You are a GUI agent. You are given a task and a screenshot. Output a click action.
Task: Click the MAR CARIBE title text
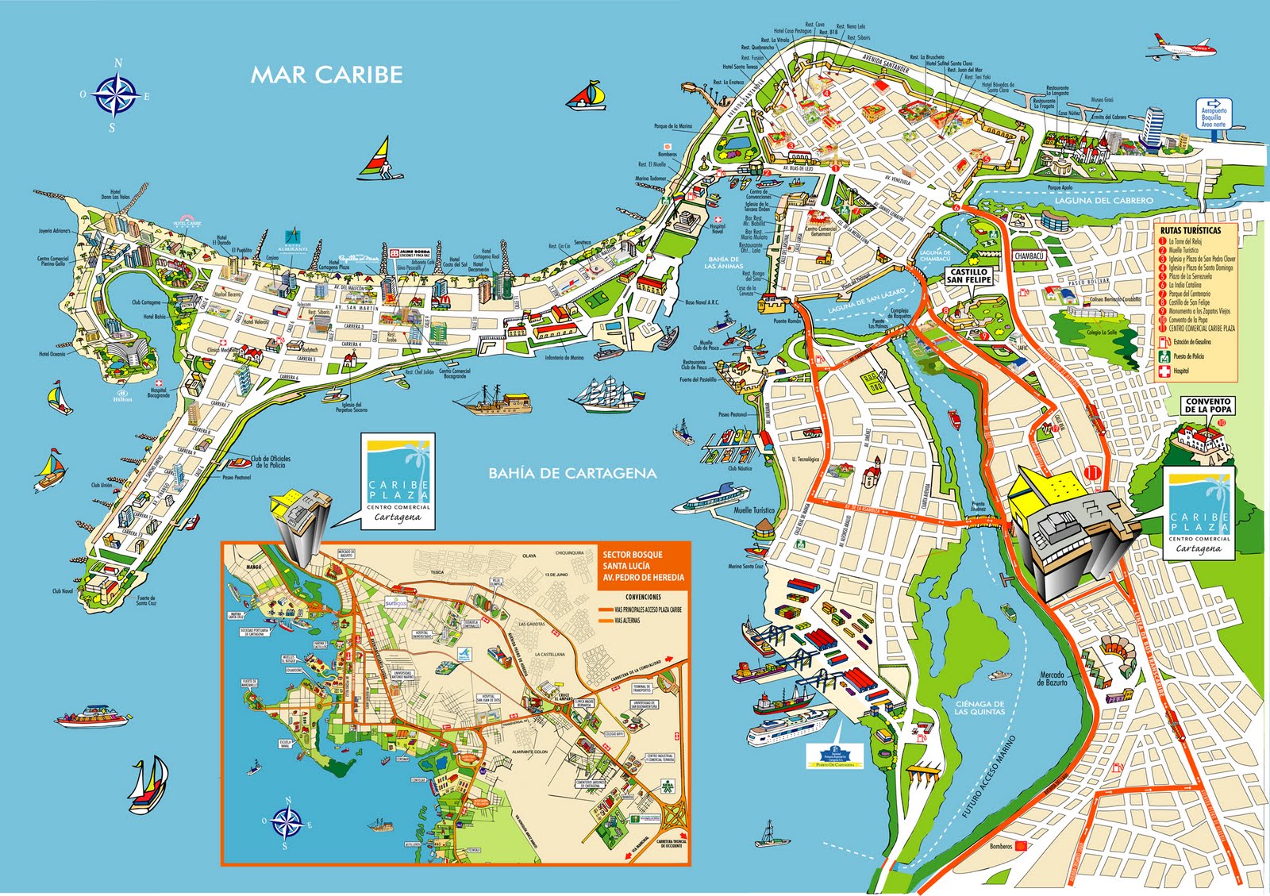pos(326,75)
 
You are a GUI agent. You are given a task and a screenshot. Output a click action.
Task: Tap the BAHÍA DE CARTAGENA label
pos(571,473)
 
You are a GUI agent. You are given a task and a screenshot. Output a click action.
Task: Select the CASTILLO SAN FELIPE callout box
pos(968,275)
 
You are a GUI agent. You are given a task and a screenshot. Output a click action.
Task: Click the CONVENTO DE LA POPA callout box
pos(1208,406)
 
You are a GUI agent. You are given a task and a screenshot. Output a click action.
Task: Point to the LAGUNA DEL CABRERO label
pos(1103,201)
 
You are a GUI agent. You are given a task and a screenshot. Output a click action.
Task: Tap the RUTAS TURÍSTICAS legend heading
pos(1191,230)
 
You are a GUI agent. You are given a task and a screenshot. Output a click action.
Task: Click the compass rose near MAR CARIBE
pos(117,94)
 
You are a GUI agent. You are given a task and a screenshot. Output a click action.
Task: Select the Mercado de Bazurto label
pos(1053,679)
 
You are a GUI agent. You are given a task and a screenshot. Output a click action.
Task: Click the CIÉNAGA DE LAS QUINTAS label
pos(979,707)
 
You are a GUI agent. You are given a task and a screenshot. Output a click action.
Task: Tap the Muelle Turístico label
pos(754,510)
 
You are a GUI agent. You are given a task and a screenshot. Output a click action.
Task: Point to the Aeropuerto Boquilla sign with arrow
pos(1213,113)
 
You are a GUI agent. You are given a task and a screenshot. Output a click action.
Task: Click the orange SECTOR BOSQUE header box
pos(643,566)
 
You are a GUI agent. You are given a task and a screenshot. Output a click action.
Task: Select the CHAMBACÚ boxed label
pos(1029,256)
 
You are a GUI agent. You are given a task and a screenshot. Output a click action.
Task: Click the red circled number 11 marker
pos(1094,474)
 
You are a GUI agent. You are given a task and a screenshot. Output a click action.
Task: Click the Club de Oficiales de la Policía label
pos(271,462)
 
